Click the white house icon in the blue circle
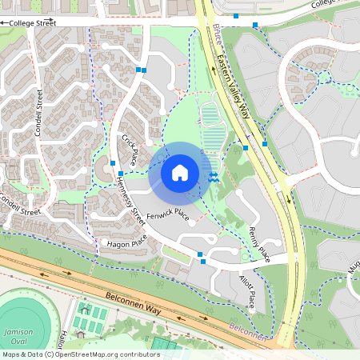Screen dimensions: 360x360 pyautogui.click(x=180, y=173)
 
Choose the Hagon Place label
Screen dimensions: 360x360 pyautogui.click(x=127, y=240)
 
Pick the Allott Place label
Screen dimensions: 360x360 pyautogui.click(x=247, y=291)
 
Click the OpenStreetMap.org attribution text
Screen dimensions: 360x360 pyautogui.click(x=81, y=354)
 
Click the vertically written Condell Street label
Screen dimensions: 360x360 pyautogui.click(x=38, y=111)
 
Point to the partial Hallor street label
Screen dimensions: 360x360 pyautogui.click(x=62, y=338)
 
